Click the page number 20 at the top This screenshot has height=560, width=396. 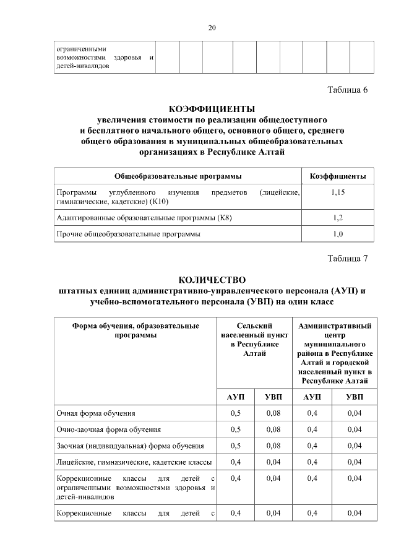click(212, 28)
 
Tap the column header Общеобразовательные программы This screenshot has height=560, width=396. click(178, 176)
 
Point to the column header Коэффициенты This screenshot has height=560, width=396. click(337, 176)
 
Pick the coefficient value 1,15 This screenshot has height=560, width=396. click(337, 193)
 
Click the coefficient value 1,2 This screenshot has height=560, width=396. click(337, 218)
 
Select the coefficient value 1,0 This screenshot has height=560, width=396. click(337, 235)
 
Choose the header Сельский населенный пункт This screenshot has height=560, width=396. click(256, 339)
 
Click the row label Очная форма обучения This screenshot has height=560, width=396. click(96, 413)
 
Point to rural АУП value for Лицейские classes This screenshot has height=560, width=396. click(235, 462)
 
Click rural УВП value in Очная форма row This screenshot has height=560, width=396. click(273, 413)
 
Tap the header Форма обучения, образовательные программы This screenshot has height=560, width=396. click(135, 330)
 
